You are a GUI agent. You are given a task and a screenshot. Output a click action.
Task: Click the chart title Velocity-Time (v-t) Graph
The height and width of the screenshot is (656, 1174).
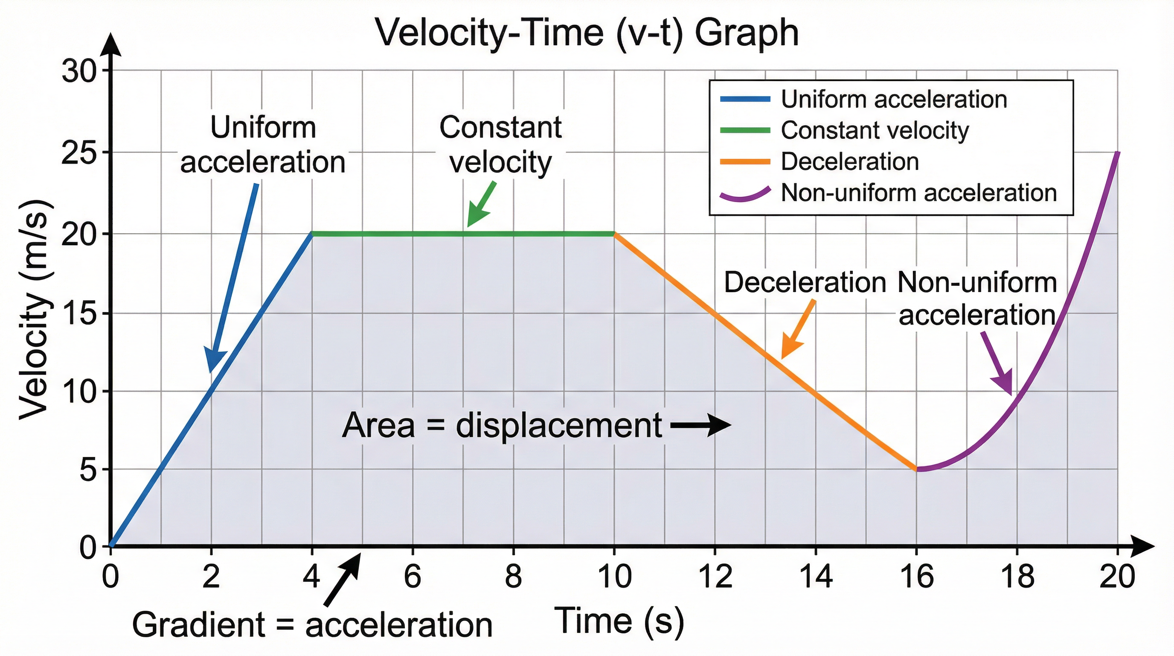[587, 33]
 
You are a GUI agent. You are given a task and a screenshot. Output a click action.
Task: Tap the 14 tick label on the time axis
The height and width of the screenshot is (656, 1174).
[816, 577]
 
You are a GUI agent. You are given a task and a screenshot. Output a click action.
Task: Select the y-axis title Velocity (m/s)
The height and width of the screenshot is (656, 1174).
[35, 310]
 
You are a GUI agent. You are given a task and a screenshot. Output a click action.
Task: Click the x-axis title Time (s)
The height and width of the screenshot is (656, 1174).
[619, 621]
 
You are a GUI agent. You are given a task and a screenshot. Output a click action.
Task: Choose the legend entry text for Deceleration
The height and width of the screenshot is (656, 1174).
[849, 161]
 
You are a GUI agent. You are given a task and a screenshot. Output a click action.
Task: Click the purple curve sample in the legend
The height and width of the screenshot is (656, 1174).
[745, 195]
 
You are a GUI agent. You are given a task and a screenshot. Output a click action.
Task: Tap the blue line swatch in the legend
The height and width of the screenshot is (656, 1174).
[745, 99]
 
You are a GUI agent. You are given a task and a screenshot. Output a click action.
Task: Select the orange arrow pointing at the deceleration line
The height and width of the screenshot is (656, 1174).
[798, 329]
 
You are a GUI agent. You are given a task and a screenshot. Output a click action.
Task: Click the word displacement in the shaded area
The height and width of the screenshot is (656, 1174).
[559, 426]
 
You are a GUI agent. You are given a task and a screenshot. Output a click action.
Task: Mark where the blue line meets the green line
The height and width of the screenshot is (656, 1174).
[312, 234]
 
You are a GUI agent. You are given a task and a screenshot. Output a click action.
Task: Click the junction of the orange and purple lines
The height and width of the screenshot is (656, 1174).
[917, 469]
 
